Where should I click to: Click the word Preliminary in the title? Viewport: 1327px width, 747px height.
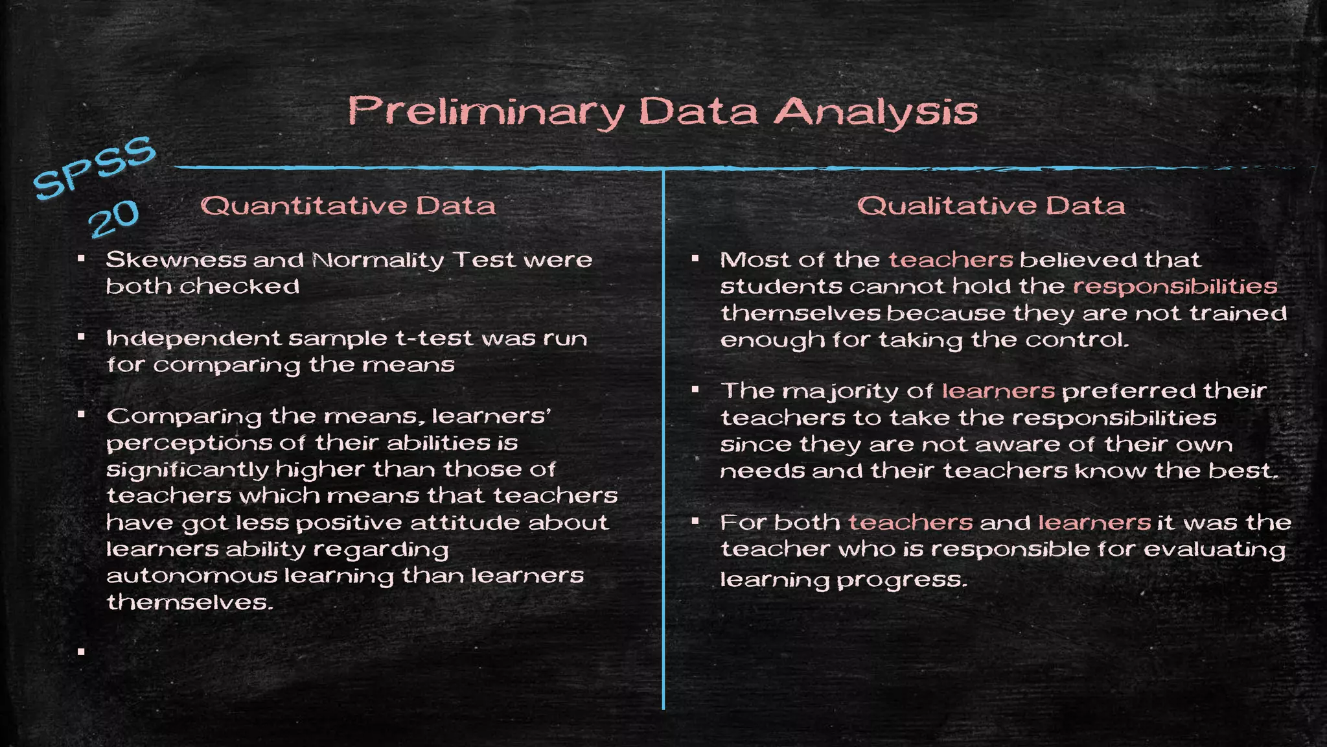486,112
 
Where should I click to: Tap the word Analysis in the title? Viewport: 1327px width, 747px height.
876,112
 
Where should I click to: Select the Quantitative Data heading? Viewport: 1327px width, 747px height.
348,206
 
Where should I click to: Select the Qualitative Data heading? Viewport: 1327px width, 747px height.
991,206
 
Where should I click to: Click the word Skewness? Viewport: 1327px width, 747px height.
176,260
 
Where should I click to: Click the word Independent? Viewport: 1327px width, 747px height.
194,338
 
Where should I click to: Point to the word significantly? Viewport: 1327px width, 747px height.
188,470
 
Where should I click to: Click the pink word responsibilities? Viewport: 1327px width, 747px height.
1175,287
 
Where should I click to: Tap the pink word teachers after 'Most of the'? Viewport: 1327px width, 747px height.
951,260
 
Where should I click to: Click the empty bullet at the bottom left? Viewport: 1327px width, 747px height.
81,652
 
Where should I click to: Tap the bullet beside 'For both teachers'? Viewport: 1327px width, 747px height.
695,521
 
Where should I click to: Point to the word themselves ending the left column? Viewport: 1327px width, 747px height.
189,602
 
